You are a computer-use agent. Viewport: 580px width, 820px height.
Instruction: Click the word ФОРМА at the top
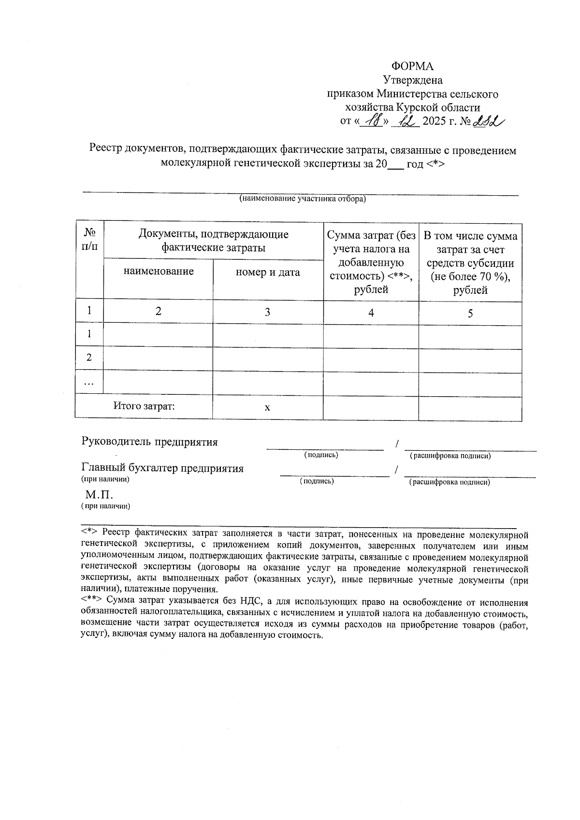click(x=412, y=66)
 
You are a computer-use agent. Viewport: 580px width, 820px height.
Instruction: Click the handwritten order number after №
click(x=488, y=121)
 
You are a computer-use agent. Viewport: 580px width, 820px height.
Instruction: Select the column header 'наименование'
click(x=159, y=272)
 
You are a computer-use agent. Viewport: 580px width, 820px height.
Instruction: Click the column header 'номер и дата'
click(x=268, y=273)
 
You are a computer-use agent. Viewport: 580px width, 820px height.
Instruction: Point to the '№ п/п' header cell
click(x=89, y=240)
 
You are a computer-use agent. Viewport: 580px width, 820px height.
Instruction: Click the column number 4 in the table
click(x=371, y=313)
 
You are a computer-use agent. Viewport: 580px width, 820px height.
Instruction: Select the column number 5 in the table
click(x=470, y=314)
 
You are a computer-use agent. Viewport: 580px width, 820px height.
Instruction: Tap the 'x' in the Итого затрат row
click(x=267, y=408)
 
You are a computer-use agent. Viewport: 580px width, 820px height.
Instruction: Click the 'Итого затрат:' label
click(x=144, y=406)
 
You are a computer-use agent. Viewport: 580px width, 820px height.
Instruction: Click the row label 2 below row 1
click(x=89, y=358)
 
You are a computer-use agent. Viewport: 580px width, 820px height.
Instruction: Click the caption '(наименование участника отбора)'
click(x=303, y=199)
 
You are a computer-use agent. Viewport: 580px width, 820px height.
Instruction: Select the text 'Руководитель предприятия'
click(x=150, y=442)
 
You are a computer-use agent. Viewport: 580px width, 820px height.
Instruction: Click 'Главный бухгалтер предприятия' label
click(x=162, y=468)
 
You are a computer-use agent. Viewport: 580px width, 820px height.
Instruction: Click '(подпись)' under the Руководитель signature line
click(x=320, y=455)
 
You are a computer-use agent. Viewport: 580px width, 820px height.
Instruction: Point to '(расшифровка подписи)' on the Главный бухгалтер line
click(x=449, y=482)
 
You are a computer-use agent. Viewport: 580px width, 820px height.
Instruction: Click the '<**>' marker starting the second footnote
click(x=91, y=602)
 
